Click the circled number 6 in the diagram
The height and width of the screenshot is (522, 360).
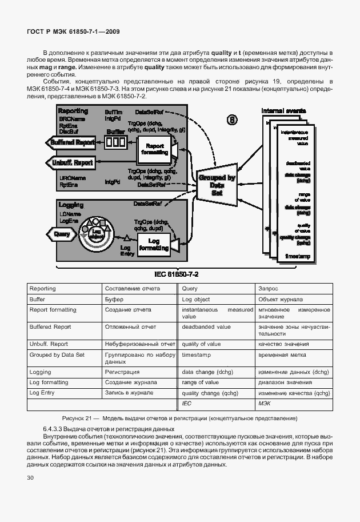click(x=233, y=119)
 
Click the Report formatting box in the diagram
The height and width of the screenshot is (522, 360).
click(x=155, y=150)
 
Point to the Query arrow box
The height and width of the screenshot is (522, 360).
click(x=62, y=234)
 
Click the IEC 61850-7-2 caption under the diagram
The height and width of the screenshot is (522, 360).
click(x=180, y=274)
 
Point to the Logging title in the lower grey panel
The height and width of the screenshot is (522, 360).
click(x=71, y=204)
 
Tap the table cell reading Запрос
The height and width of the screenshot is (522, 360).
click(x=268, y=289)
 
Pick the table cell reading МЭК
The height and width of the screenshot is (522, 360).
click(x=264, y=404)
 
